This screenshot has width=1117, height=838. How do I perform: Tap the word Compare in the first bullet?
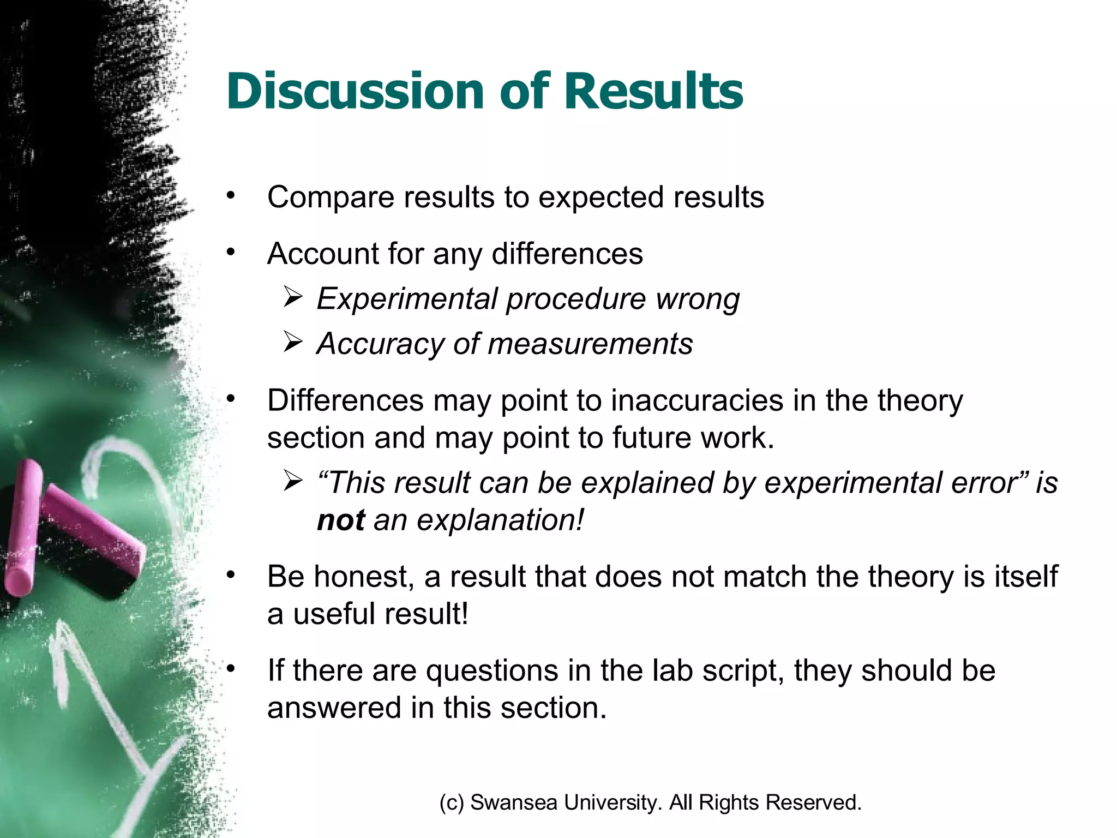click(330, 197)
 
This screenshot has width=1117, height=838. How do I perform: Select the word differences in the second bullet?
click(567, 254)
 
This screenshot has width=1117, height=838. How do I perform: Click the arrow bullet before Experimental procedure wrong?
click(293, 298)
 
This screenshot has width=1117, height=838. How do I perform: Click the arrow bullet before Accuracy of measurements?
click(293, 343)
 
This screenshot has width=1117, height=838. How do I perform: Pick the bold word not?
click(341, 520)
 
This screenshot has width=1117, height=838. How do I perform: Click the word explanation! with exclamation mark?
click(500, 520)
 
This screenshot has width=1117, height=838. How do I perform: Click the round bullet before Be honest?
click(231, 574)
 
